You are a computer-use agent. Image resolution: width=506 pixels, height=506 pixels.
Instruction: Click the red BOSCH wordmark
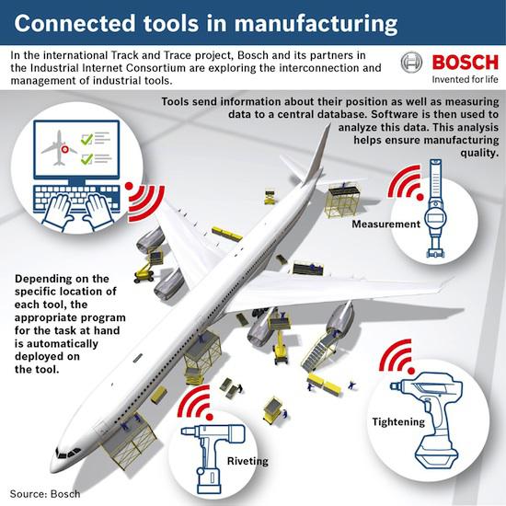pyautogui.click(x=465, y=62)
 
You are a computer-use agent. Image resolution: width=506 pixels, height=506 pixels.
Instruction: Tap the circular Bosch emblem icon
pyautogui.click(x=411, y=63)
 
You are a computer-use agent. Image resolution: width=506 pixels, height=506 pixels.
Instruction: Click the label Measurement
pyautogui.click(x=386, y=224)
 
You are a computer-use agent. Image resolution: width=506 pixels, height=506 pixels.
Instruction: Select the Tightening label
pyautogui.click(x=398, y=422)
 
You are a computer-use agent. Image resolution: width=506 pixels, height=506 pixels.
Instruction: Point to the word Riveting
pyautogui.click(x=247, y=461)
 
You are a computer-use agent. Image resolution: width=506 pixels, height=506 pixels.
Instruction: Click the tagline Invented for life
pyautogui.click(x=465, y=79)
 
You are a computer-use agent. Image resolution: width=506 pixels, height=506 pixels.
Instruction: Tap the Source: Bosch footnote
pyautogui.click(x=45, y=494)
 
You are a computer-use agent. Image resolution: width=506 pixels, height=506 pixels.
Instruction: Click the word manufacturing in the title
pyautogui.click(x=316, y=24)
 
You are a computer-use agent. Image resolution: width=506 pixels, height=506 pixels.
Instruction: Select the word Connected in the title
pyautogui.click(x=75, y=23)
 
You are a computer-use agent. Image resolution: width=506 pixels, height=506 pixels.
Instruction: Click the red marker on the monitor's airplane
pyautogui.click(x=65, y=149)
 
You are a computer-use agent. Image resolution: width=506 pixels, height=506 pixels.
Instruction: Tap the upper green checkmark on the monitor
pyautogui.click(x=86, y=139)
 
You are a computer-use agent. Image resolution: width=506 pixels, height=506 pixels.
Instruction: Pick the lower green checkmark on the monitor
pyautogui.click(x=86, y=159)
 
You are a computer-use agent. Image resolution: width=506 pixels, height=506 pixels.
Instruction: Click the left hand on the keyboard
pyautogui.click(x=57, y=212)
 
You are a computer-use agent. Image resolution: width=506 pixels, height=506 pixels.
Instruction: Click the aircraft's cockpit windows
pyautogui.click(x=68, y=453)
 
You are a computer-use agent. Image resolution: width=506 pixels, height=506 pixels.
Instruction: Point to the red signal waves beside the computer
pyautogui.click(x=144, y=201)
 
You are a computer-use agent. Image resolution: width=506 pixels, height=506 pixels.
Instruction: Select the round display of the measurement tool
pyautogui.click(x=435, y=218)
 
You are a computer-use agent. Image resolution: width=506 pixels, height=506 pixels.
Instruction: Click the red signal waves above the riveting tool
pyautogui.click(x=196, y=403)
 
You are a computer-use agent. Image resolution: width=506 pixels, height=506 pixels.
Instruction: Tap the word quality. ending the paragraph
pyautogui.click(x=479, y=153)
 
